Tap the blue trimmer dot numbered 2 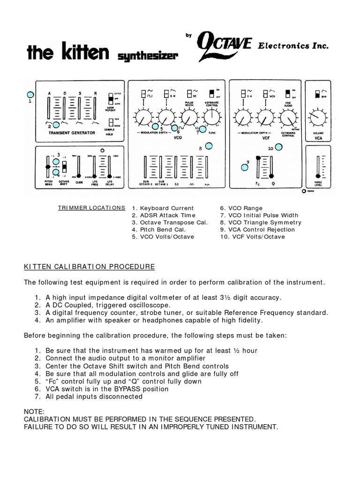[x=56, y=124]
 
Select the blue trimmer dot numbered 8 [x=211, y=145]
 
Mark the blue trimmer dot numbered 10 [x=278, y=147]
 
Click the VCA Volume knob [x=318, y=118]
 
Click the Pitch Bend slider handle [x=47, y=167]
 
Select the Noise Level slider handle [x=318, y=176]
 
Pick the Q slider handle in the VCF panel [x=273, y=176]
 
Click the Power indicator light [x=304, y=191]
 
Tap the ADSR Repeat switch [x=111, y=99]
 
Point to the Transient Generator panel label [x=72, y=133]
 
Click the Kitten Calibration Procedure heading [x=89, y=267]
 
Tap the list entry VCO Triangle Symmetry [x=261, y=223]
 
